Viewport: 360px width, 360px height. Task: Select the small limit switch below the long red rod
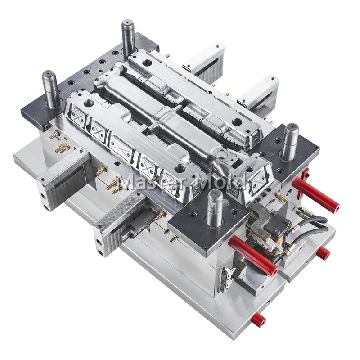click(227, 279)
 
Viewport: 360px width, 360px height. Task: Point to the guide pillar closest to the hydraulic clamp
click(215, 208)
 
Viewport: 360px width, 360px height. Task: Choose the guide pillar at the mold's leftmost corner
click(50, 88)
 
